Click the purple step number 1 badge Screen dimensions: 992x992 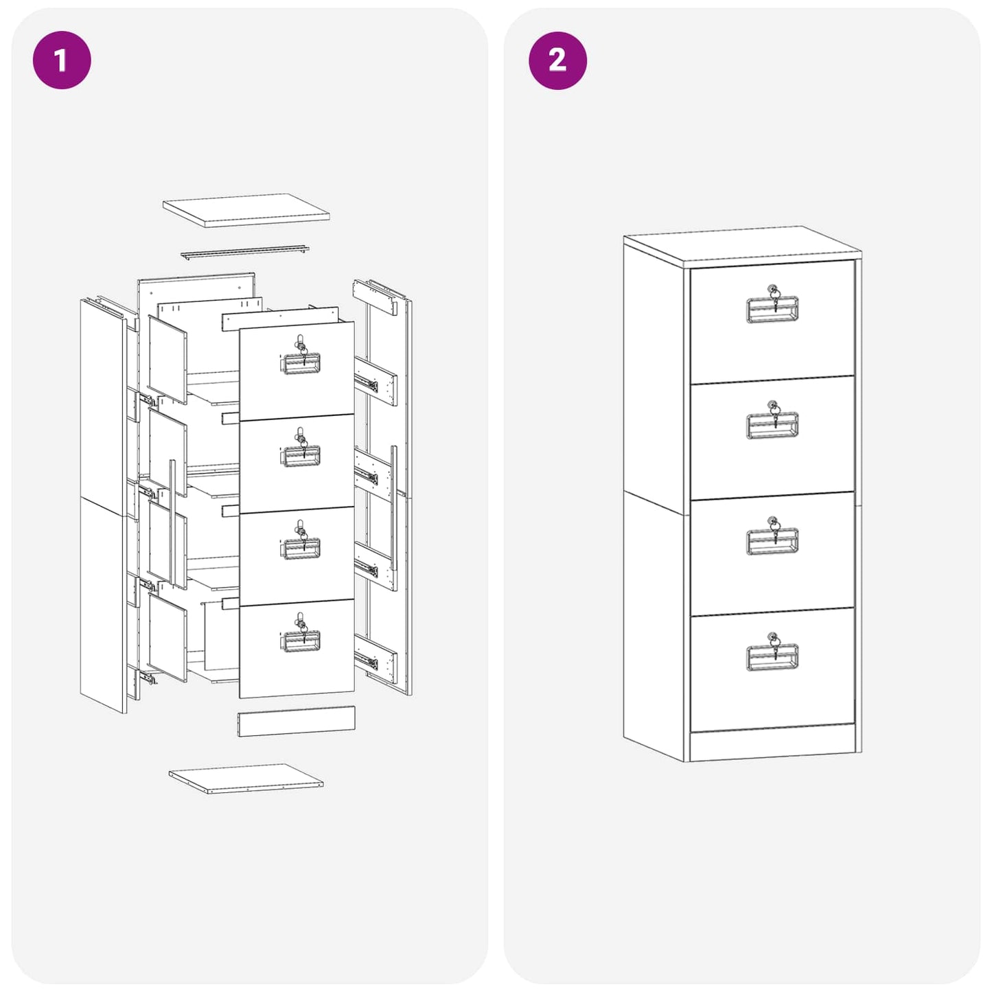coord(62,60)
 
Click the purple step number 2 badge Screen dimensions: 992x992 coord(557,60)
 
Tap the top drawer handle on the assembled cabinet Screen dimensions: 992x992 coord(772,310)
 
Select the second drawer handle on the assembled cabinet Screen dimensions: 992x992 coord(772,426)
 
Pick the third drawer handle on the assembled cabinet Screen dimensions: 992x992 coord(772,542)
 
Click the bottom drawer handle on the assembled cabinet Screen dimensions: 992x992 coord(772,658)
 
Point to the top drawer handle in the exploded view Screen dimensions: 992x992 coord(301,364)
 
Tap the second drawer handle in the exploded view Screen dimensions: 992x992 coord(301,457)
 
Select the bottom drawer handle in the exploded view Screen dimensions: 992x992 coord(301,642)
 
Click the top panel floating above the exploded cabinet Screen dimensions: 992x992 coord(246,209)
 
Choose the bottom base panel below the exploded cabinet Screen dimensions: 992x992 coord(246,778)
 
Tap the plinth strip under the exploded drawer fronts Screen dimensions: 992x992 coord(297,722)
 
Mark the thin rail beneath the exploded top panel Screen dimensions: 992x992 coord(244,253)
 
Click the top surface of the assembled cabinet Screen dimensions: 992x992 coord(741,246)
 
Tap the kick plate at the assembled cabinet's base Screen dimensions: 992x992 coord(772,745)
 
